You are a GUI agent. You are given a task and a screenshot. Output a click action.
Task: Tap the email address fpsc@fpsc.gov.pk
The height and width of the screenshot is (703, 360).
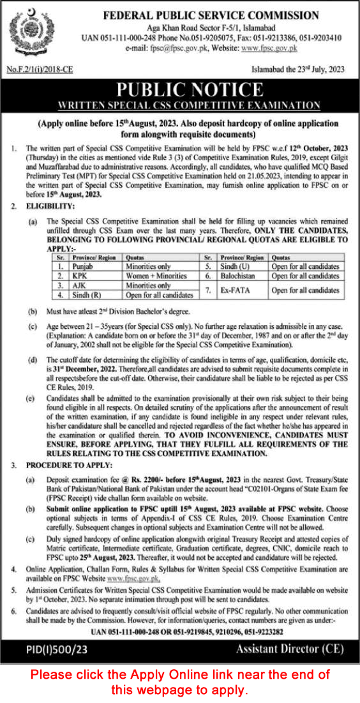click(182, 48)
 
